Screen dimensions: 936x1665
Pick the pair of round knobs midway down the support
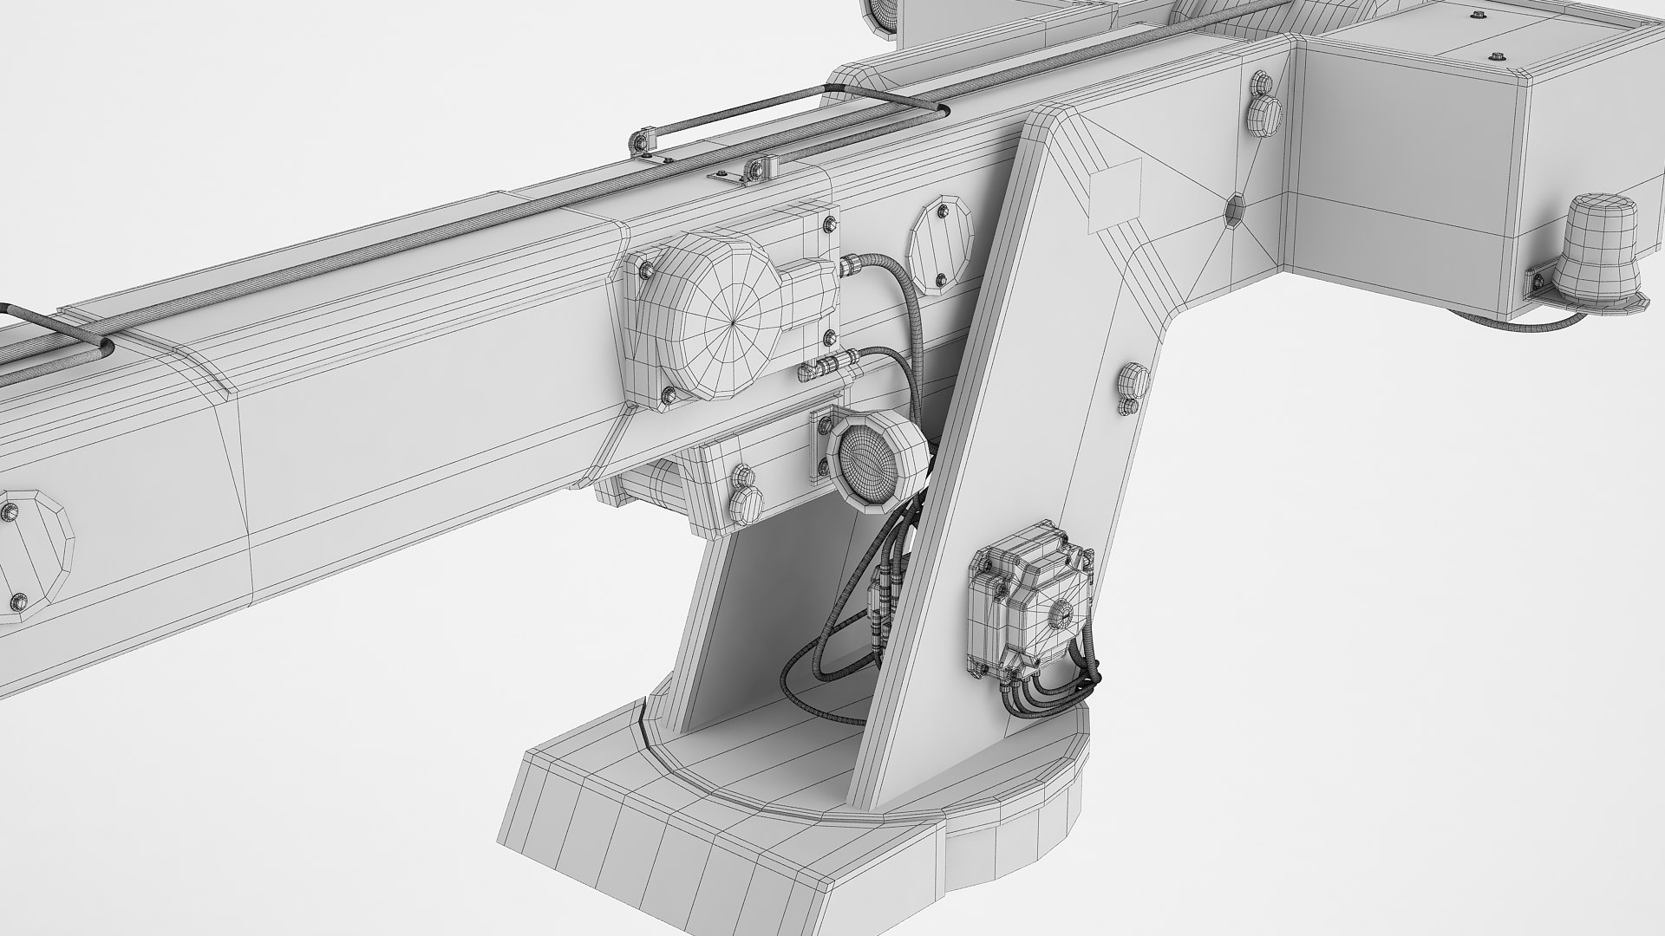point(1130,389)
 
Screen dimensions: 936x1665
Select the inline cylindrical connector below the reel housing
point(828,367)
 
